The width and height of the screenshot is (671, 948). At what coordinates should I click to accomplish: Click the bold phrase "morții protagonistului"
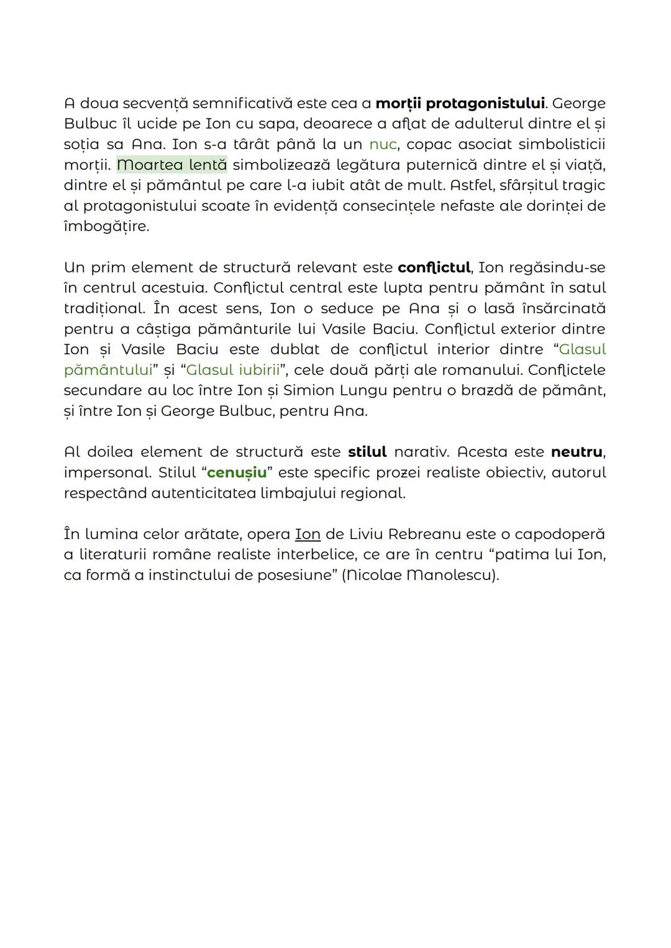460,103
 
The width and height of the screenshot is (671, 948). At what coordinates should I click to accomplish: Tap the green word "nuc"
382,144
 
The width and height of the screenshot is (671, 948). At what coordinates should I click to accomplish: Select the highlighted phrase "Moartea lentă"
171,165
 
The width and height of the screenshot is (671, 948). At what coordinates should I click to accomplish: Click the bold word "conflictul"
434,267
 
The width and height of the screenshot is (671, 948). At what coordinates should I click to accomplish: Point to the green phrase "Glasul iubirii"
233,370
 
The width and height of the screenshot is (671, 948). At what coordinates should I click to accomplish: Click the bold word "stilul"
367,452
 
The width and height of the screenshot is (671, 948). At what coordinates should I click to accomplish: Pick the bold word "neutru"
577,452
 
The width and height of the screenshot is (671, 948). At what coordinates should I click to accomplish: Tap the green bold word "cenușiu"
237,472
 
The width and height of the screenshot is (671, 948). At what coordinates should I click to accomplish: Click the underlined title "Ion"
307,534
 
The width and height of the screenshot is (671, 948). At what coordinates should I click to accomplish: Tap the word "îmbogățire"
106,226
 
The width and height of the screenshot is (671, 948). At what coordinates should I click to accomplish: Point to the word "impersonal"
107,472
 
